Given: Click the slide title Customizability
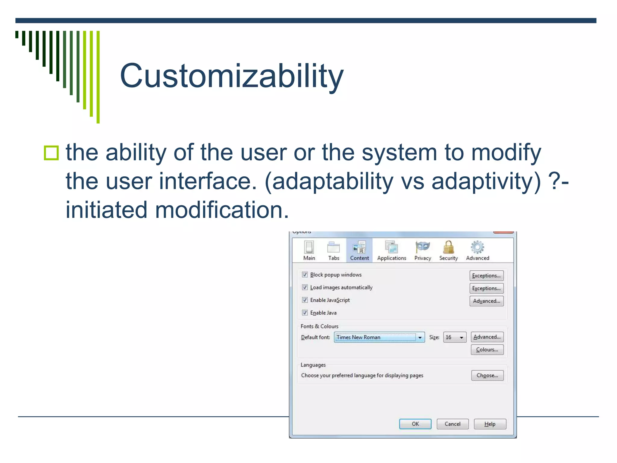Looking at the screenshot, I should (x=231, y=76).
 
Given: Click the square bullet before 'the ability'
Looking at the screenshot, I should (x=51, y=153).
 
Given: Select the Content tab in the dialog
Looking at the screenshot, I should (x=359, y=250).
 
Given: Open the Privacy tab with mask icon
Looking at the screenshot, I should (x=422, y=250).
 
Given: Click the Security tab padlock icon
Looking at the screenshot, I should (x=448, y=247).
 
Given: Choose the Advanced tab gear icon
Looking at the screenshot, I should (x=478, y=247).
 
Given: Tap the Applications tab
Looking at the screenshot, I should (x=391, y=250).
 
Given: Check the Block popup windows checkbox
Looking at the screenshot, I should (x=305, y=275).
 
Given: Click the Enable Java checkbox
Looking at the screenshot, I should (x=305, y=313).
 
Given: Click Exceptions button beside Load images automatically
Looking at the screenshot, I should (x=486, y=288).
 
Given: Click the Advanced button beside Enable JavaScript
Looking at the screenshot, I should (x=486, y=301).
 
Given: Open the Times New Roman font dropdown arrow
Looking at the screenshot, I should (x=420, y=337).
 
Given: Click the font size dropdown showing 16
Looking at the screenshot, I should (x=455, y=337).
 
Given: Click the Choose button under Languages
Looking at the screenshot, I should (x=487, y=375).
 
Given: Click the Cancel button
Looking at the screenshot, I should (x=453, y=424).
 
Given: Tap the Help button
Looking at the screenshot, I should (x=490, y=424).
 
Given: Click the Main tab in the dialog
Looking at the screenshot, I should (x=309, y=250).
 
